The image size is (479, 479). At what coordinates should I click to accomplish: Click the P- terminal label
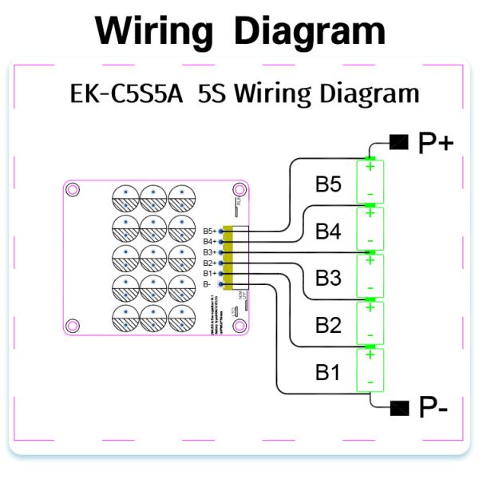(x=433, y=409)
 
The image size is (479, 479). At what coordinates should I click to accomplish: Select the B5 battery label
(x=328, y=184)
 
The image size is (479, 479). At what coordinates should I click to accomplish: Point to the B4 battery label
(x=328, y=232)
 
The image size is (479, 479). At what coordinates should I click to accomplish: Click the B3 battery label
(x=328, y=278)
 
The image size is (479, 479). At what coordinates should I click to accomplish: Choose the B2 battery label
(x=328, y=325)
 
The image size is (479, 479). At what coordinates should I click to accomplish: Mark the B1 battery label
(x=328, y=371)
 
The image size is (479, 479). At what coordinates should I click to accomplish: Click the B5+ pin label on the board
(x=209, y=231)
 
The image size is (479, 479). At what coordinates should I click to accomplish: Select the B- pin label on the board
(x=208, y=283)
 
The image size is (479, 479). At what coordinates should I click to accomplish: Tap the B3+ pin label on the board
(x=209, y=252)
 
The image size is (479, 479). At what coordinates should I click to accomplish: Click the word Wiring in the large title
(x=154, y=30)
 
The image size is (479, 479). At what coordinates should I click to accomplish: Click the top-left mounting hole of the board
(x=73, y=190)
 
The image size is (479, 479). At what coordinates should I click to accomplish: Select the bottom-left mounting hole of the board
(x=73, y=325)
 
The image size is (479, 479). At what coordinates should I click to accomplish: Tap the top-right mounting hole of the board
(x=238, y=190)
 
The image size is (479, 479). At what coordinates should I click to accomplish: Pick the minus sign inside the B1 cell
(x=370, y=384)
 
